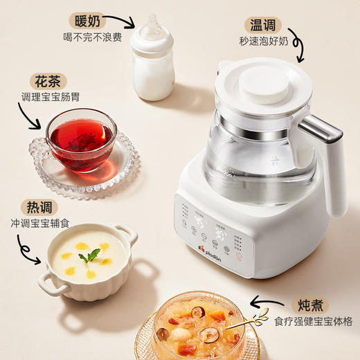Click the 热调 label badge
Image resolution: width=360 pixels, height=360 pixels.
[x=43, y=207]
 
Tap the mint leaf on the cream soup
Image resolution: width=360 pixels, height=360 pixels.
[x=89, y=255]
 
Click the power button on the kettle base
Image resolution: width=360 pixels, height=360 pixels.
[x=240, y=255]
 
